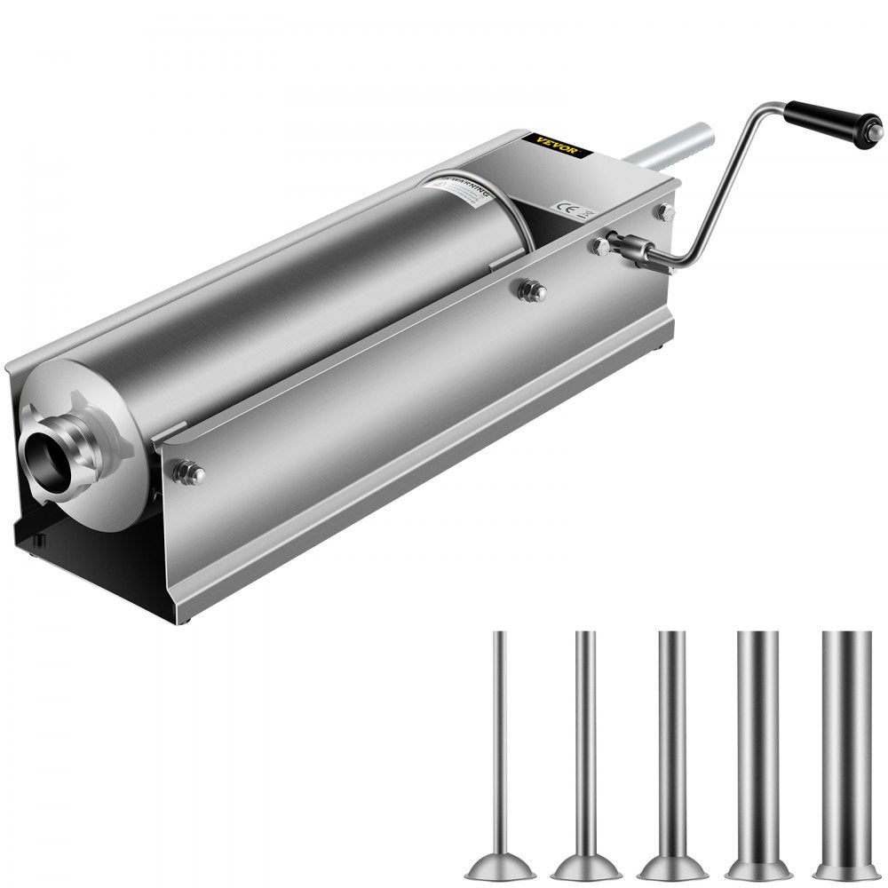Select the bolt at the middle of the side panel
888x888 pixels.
(x=532, y=290)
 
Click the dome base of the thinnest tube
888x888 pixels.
(x=500, y=864)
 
